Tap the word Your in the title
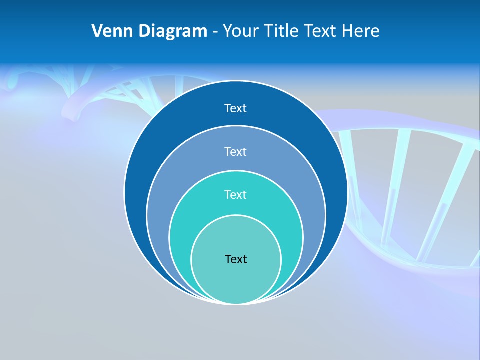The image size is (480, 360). tap(238, 31)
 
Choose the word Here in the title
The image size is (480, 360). tap(361, 31)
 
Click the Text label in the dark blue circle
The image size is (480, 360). tap(236, 108)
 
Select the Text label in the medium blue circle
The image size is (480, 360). tap(236, 151)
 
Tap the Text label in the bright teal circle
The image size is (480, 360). tap(236, 194)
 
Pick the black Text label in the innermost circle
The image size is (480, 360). tap(236, 259)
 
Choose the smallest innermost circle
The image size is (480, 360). tap(236, 280)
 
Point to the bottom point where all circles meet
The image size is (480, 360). tap(236, 303)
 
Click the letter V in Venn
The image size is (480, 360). tap(98, 31)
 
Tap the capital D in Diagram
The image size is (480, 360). tap(144, 31)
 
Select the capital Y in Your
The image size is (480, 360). tap(227, 31)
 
